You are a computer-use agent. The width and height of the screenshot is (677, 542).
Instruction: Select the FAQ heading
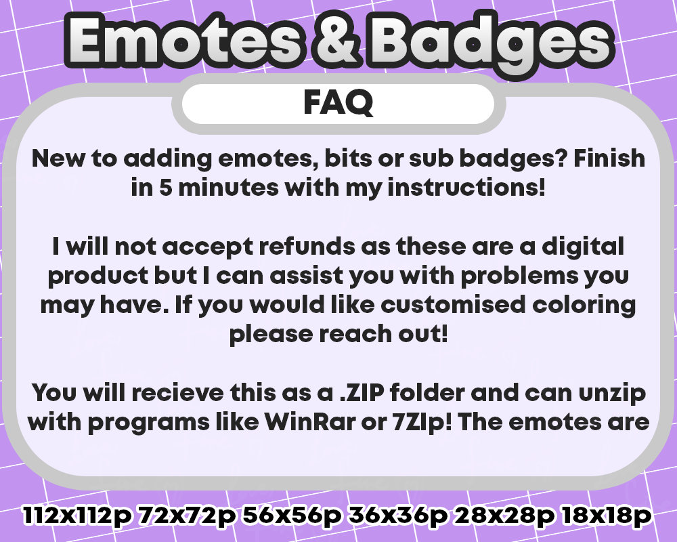click(338, 104)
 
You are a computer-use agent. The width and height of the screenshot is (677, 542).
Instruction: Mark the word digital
click(581, 246)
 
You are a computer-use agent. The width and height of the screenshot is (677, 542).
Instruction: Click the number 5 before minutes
click(165, 188)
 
